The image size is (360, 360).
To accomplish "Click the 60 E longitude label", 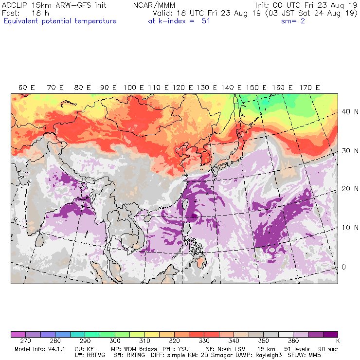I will coord(27,88).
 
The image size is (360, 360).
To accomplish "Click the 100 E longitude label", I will coord(133,88).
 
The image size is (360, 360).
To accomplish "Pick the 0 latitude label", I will coord(343,267).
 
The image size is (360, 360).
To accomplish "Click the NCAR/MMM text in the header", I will coord(154,5).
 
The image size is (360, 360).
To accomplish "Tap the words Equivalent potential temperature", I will coord(60,21).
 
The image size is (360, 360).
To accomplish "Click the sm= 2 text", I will coord(293,21).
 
